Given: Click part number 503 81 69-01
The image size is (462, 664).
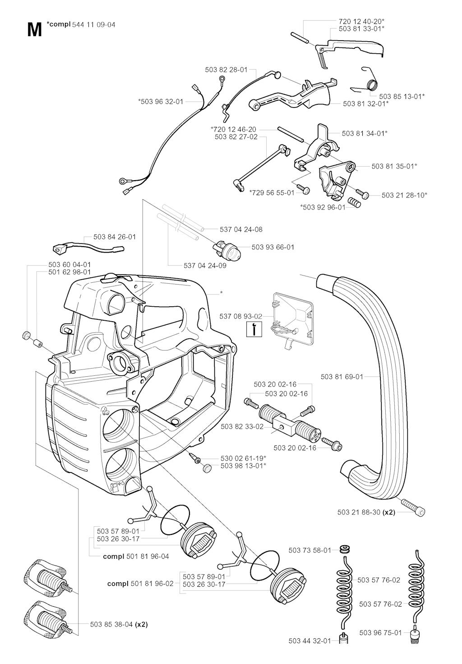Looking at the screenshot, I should point(342,376).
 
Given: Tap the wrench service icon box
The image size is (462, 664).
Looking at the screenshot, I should point(255,329).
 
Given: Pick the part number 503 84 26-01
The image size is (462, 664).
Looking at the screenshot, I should point(115,237).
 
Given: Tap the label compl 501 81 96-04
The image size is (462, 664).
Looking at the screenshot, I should point(136,556).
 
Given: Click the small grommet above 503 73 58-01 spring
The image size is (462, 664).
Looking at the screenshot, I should point(346,550).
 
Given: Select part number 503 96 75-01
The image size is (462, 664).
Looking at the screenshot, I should point(380,633).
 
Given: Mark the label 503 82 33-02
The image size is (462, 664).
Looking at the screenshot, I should point(242,426).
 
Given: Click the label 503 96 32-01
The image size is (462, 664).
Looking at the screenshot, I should point(161,102).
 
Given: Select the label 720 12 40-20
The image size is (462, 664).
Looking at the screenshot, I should point(361,21).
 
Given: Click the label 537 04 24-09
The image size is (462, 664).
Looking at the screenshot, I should point(205,265).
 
